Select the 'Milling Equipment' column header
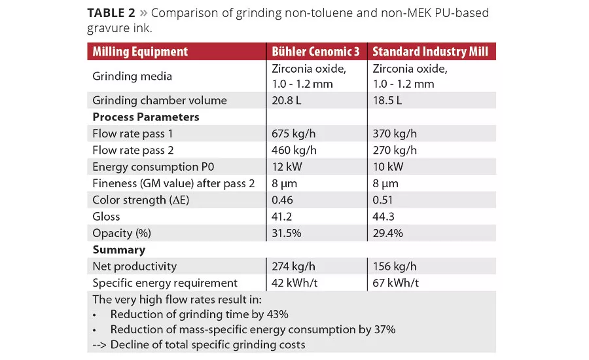coord(140,52)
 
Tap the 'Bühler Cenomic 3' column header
coord(317,52)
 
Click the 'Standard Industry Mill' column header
coord(429,52)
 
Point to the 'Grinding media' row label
coord(132,77)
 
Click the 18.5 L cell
coord(387,100)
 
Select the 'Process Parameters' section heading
coord(146,117)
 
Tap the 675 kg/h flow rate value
coord(294,134)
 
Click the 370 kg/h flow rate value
coord(395,134)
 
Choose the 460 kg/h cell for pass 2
coord(294,151)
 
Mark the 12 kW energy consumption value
coord(287,167)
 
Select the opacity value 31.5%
coord(289,233)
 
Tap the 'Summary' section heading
coord(118,250)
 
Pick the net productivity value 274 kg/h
coord(294,266)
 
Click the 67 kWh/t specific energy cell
coord(397,283)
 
